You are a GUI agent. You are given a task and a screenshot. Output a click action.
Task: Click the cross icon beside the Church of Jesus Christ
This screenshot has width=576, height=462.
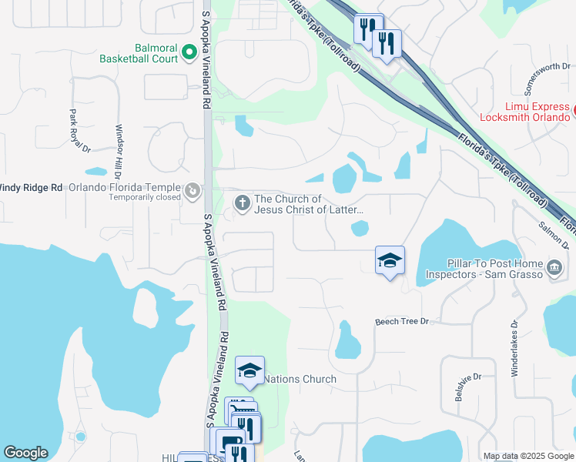pyautogui.click(x=242, y=203)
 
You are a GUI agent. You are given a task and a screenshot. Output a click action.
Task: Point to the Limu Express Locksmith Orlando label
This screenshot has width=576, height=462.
pyautogui.click(x=524, y=112)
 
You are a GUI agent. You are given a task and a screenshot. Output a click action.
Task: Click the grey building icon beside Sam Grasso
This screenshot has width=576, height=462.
pyautogui.click(x=554, y=268)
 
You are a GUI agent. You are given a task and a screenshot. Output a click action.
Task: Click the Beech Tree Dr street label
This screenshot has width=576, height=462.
pyautogui.click(x=401, y=321)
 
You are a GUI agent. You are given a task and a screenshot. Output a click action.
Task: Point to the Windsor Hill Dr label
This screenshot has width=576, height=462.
pyautogui.click(x=119, y=150)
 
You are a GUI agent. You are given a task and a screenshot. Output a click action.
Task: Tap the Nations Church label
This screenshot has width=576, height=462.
pyautogui.click(x=300, y=379)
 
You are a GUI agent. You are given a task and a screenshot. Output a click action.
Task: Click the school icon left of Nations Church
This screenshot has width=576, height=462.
pyautogui.click(x=249, y=371)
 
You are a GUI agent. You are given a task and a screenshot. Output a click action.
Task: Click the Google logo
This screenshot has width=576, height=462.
pyautogui.click(x=25, y=453)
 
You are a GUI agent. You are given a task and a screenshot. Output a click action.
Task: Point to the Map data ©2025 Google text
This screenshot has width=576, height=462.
pyautogui.click(x=527, y=456)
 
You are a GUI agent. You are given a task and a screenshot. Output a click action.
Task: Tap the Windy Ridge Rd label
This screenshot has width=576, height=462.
pyautogui.click(x=31, y=187)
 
